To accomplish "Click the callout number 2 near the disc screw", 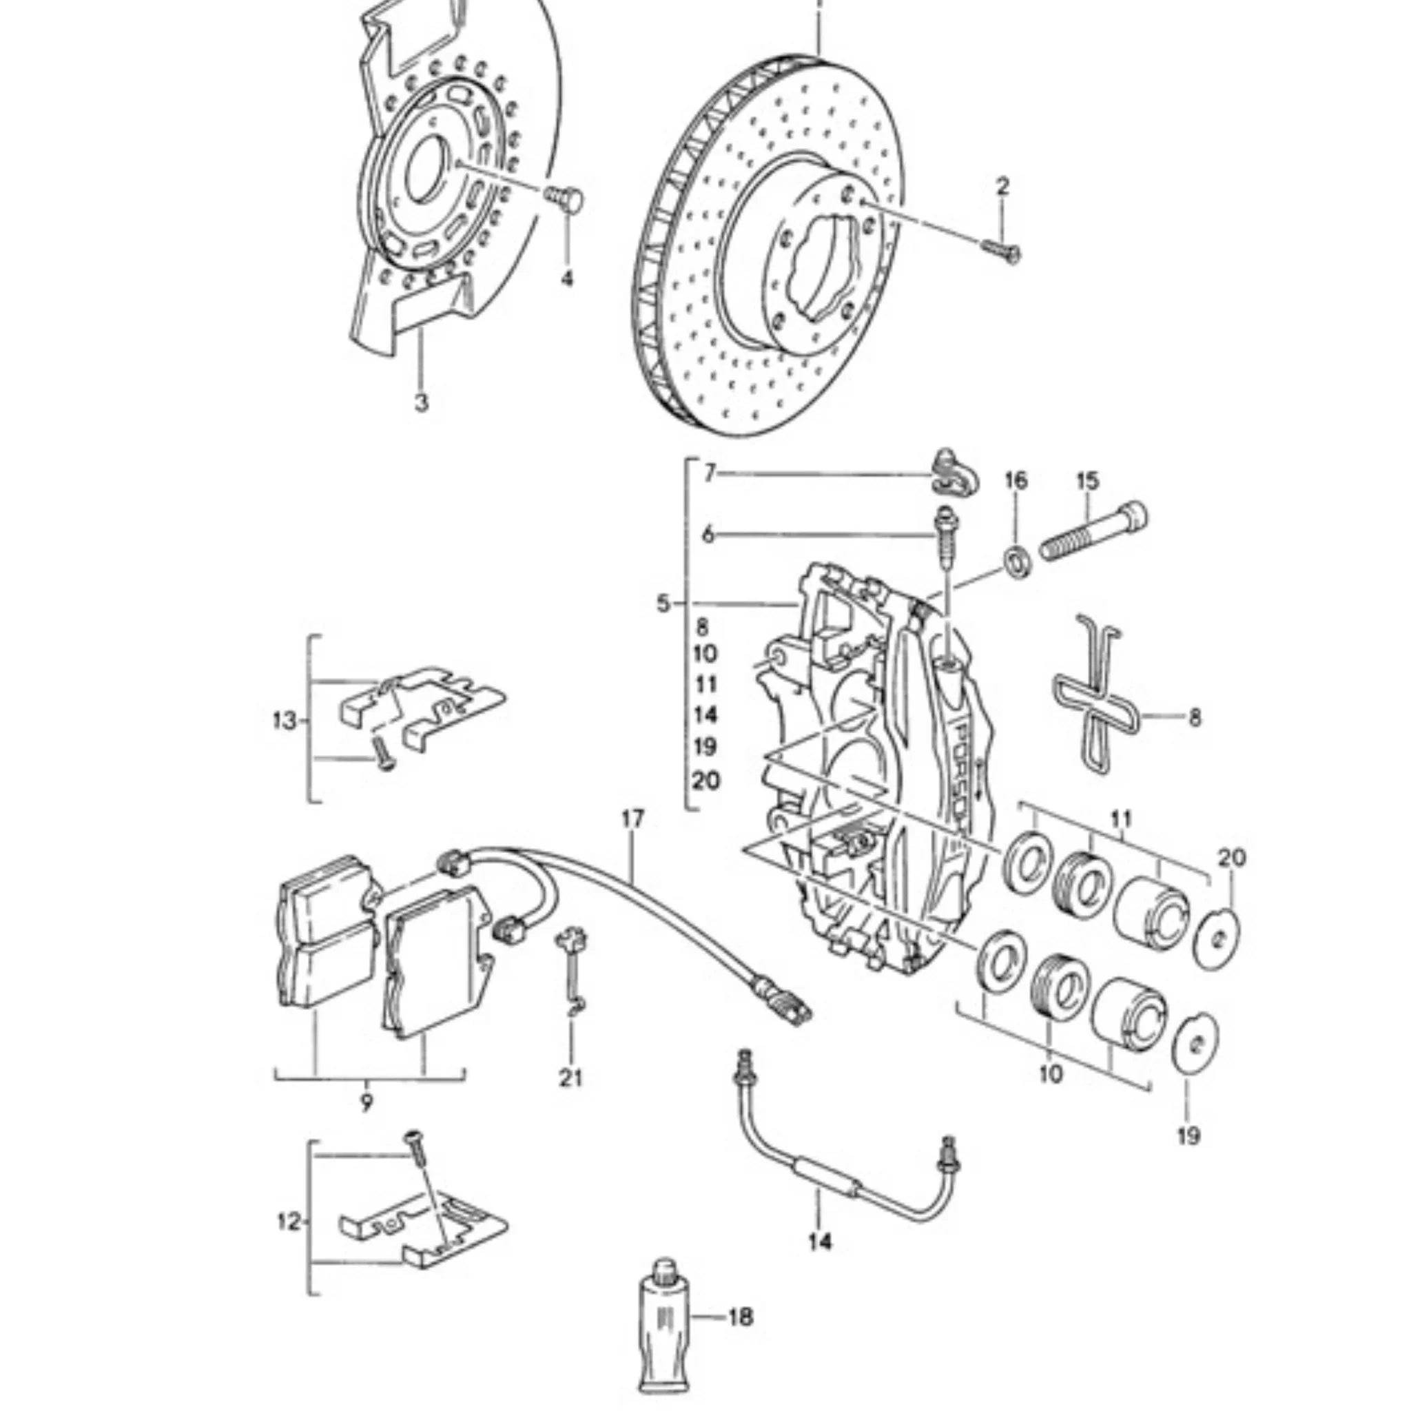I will click(1002, 186).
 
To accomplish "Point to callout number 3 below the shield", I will click(422, 402).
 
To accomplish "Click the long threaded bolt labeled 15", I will click(1093, 537).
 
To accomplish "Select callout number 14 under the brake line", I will click(820, 1240).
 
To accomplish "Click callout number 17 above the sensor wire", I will click(633, 819).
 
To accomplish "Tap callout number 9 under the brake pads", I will click(366, 1102).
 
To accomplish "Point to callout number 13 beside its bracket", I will click(284, 721).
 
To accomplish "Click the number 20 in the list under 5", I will click(706, 781).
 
